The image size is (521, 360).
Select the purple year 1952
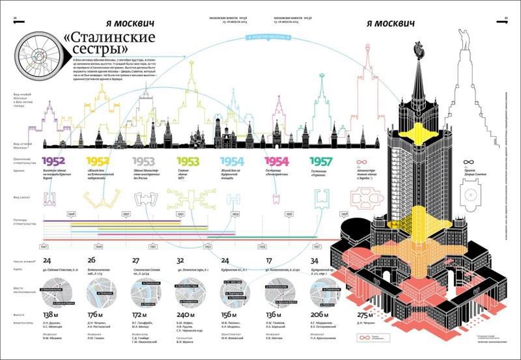54,161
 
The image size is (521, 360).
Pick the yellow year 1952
98,161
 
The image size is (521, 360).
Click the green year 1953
188,161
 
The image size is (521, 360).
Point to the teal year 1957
320,161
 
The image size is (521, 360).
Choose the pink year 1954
276,161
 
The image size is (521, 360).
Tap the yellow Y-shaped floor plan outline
100,197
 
